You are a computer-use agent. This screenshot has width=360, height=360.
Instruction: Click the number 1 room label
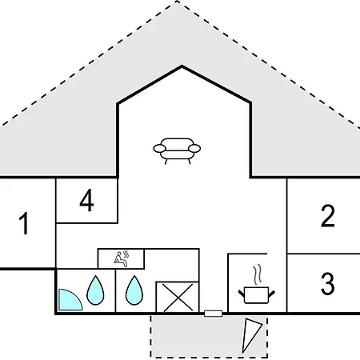click(x=24, y=223)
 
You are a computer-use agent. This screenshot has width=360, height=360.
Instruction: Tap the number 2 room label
click(x=328, y=216)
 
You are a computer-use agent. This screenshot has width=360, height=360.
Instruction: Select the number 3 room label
click(x=328, y=283)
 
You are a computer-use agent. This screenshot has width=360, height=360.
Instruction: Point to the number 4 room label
click(x=86, y=200)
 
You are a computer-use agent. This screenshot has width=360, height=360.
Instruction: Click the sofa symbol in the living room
click(x=177, y=151)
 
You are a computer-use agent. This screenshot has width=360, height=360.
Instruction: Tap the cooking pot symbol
click(x=256, y=295)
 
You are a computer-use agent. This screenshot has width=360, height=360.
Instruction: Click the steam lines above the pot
click(x=257, y=274)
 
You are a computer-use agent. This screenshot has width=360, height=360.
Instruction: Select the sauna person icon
click(x=122, y=258)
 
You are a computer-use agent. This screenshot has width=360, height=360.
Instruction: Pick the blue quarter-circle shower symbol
click(x=70, y=300)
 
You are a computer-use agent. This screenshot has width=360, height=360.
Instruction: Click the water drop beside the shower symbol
click(x=95, y=290)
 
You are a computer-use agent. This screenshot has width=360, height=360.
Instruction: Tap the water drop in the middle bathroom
click(x=134, y=290)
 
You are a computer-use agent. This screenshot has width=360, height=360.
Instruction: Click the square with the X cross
click(x=178, y=297)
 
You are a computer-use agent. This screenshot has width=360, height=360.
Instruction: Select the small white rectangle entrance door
click(x=214, y=314)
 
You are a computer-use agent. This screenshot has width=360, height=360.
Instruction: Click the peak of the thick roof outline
click(x=182, y=66)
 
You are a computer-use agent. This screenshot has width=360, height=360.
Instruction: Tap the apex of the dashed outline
click(x=177, y=1)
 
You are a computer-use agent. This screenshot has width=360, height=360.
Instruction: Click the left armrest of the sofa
click(x=159, y=148)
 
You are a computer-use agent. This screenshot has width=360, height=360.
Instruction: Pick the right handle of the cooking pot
click(x=271, y=294)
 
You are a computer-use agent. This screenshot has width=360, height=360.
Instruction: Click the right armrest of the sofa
click(x=194, y=148)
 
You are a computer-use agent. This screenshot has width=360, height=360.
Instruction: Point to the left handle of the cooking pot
click(x=242, y=294)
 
